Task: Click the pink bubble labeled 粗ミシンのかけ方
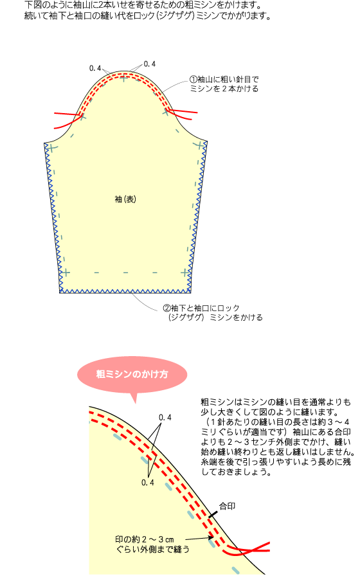(x=132, y=374)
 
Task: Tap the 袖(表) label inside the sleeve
(x=125, y=199)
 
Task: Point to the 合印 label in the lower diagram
(x=227, y=506)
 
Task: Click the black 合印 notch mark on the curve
(x=213, y=515)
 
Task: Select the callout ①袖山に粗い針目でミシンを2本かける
(x=224, y=84)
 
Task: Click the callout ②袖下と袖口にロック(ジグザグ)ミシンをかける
(x=213, y=312)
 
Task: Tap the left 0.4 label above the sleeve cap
(x=95, y=68)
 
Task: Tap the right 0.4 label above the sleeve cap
(x=150, y=64)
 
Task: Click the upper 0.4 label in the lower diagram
(x=165, y=418)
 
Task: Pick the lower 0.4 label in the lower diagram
(x=148, y=483)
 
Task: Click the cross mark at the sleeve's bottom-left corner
(x=66, y=273)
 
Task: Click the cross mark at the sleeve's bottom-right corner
(x=185, y=273)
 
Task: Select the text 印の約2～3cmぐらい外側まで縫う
(x=152, y=544)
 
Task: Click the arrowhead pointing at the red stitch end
(x=211, y=537)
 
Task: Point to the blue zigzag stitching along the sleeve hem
(x=125, y=291)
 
